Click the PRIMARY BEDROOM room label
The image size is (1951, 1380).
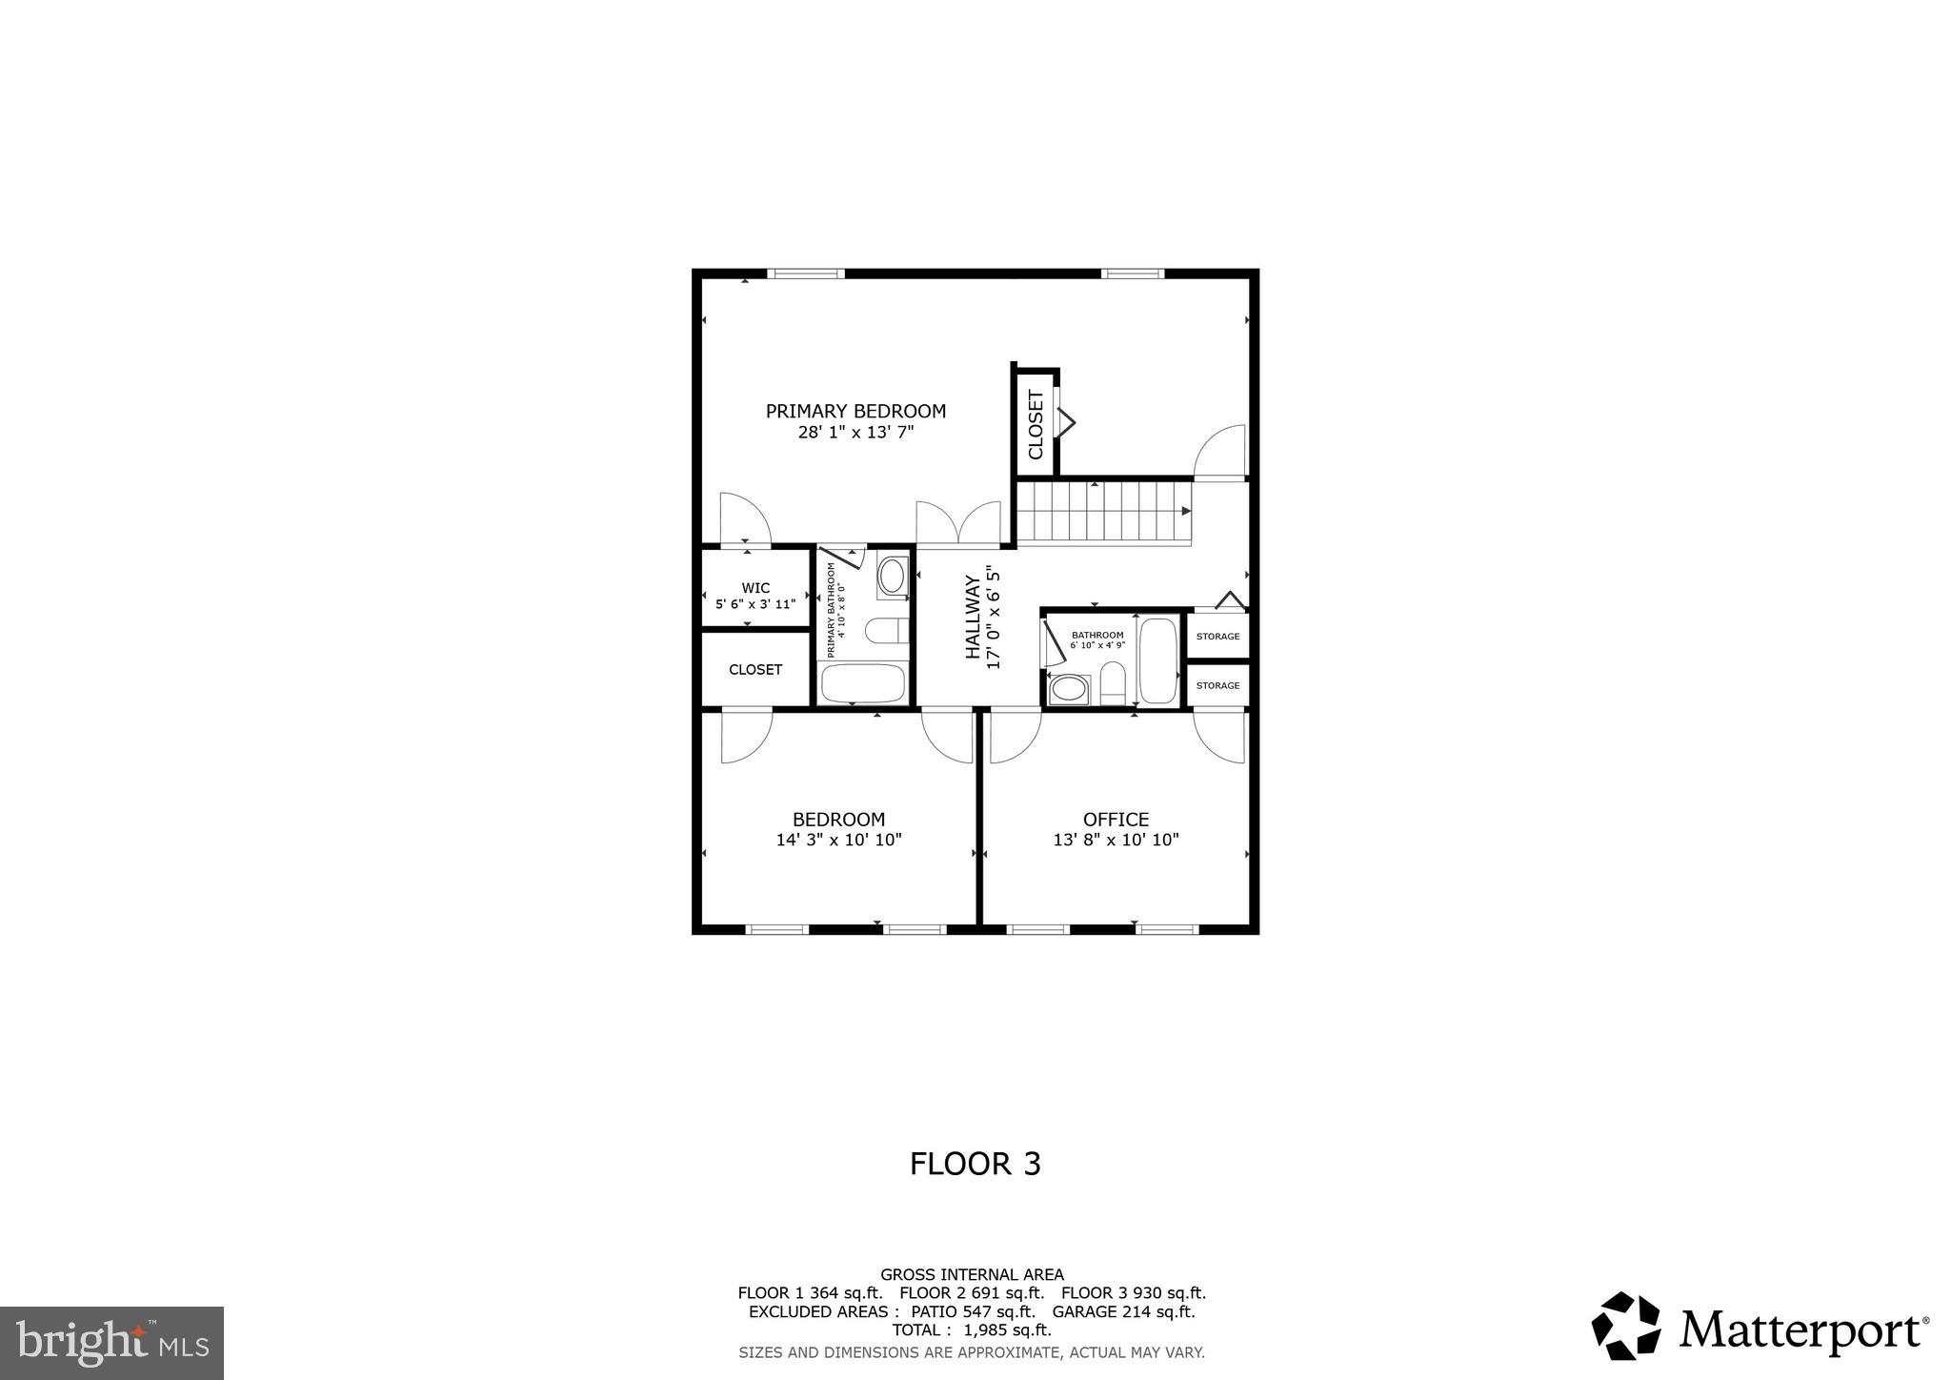855,411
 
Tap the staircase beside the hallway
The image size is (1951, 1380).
1103,512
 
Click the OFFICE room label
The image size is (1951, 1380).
1116,820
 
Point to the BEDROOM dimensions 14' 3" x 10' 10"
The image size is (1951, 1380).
838,841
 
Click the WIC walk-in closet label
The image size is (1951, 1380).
755,588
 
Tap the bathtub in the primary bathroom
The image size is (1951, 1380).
862,683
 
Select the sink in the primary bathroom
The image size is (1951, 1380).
893,577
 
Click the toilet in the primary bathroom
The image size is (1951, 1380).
886,631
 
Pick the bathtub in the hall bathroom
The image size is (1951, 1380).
1158,660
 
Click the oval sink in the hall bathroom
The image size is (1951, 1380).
1068,689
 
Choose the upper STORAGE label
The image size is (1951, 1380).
1217,636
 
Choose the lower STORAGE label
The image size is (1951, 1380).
1217,685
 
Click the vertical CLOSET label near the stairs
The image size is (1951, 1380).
1036,425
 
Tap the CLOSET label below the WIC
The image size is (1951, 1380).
755,670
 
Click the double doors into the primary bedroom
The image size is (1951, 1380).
958,524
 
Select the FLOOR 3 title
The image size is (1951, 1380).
975,1164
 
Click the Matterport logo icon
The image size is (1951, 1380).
1626,1326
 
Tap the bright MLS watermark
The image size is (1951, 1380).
112,1343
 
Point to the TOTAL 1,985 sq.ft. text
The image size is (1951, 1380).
972,1330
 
